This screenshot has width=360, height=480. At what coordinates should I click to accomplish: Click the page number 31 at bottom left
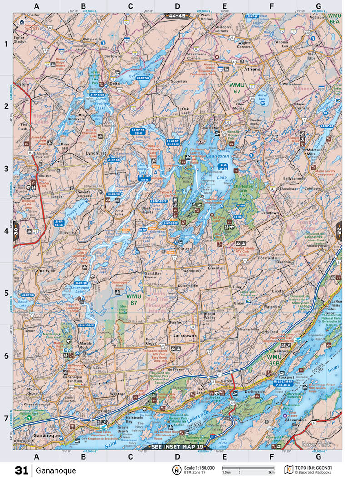coord(21,470)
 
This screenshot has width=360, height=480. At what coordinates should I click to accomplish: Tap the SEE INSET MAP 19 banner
coord(178,447)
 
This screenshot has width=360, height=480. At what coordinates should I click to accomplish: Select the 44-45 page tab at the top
coord(177,15)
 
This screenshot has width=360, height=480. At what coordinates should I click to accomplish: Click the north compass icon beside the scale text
coord(175,470)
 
